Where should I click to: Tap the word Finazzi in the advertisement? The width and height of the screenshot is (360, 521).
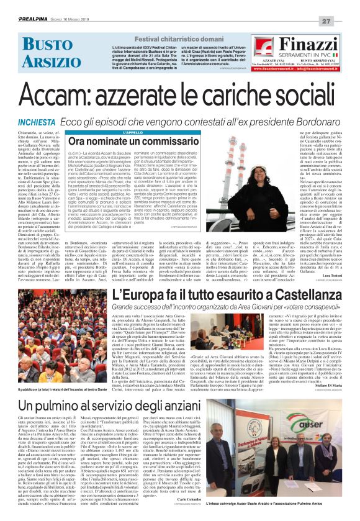[x=308, y=45]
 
